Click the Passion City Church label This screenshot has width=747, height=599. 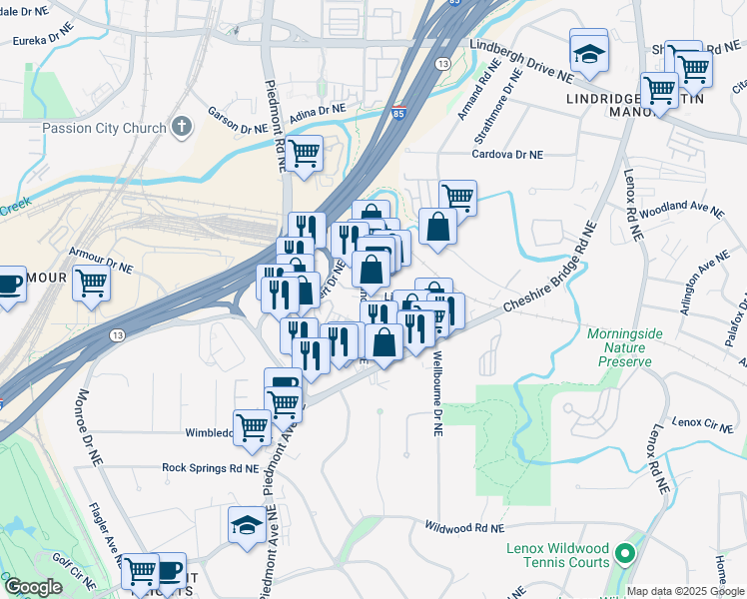point(103,129)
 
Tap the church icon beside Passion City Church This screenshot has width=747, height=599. point(181,127)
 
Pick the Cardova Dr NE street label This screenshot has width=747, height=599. point(507,155)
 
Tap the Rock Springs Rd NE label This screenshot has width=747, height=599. point(210,467)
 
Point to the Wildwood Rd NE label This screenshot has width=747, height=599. point(464,526)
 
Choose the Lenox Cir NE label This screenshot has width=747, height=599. point(703,423)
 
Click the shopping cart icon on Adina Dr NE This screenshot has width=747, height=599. point(304,154)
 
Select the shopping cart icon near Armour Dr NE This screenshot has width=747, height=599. point(91,283)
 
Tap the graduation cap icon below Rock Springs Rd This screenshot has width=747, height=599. point(247,523)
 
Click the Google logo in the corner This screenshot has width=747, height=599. point(33,587)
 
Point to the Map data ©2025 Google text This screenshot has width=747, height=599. point(684,591)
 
